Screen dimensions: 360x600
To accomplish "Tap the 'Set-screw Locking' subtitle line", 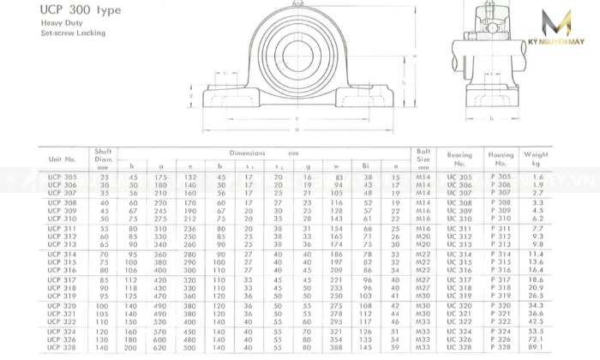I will point(73,33).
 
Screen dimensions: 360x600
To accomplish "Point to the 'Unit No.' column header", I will point(63,159).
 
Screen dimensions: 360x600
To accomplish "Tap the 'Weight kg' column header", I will point(536,159).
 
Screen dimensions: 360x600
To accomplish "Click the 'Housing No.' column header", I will point(501,159).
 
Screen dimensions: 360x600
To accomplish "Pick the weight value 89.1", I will point(537,349).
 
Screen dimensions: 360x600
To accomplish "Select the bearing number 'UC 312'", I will point(459,237).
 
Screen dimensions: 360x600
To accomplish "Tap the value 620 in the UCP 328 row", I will point(160,349).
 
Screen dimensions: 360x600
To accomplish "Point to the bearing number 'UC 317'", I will point(459,279).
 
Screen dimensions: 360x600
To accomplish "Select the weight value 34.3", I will point(537,305).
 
